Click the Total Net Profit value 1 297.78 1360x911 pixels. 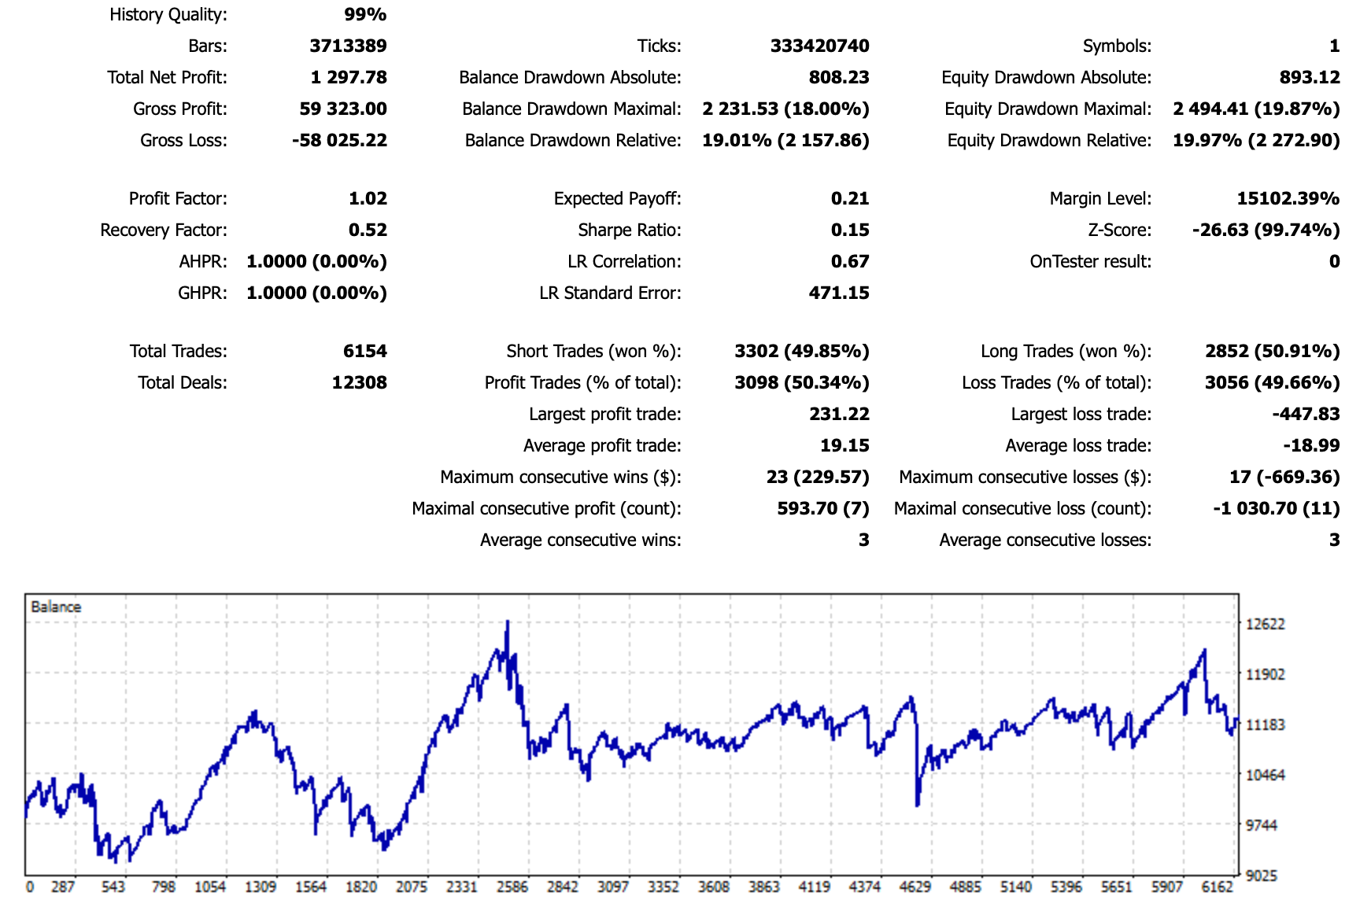pos(349,77)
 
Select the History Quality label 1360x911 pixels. pos(168,14)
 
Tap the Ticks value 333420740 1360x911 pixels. pos(819,46)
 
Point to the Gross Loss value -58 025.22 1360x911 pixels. pos(339,140)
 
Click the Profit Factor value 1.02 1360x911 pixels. pos(368,198)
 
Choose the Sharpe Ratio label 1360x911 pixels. pos(629,230)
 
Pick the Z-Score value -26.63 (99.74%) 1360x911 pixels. pos(1266,230)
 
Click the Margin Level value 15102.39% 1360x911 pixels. pos(1288,198)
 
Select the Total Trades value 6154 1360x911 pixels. pos(364,351)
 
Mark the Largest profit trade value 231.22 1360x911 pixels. pos(839,414)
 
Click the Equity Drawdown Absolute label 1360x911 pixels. pos(1046,77)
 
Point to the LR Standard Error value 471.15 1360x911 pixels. pos(839,293)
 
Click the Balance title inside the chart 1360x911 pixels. pos(56,607)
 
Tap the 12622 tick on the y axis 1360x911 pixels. pos(1265,624)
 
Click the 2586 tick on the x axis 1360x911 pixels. pos(512,887)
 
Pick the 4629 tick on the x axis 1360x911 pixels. pos(915,887)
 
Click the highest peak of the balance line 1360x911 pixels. pos(508,622)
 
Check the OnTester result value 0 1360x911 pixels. pos(1334,261)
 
